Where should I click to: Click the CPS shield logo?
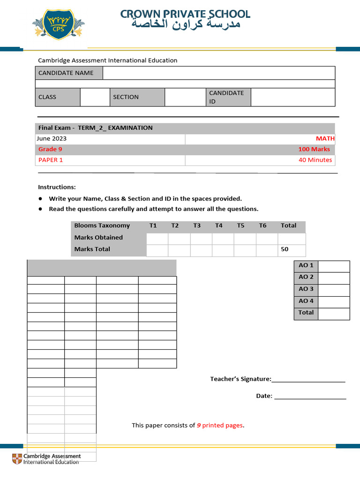[x=59, y=26]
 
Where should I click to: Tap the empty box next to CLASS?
[x=95, y=97]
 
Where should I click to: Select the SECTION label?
[x=126, y=97]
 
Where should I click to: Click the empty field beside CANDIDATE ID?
[x=293, y=97]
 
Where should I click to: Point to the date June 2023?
[x=52, y=139]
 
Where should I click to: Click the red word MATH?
[x=325, y=139]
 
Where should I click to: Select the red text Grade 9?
[x=50, y=150]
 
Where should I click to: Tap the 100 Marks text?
[x=314, y=150]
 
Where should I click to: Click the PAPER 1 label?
[x=51, y=160]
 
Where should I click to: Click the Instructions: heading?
[x=57, y=187]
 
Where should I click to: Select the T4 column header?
[x=219, y=225]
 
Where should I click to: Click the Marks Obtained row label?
[x=98, y=238]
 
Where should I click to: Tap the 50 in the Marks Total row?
[x=285, y=249]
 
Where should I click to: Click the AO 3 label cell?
[x=306, y=289]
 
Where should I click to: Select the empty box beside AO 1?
[x=334, y=266]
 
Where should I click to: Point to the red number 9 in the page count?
[x=199, y=426]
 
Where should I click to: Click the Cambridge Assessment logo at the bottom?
[x=46, y=459]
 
